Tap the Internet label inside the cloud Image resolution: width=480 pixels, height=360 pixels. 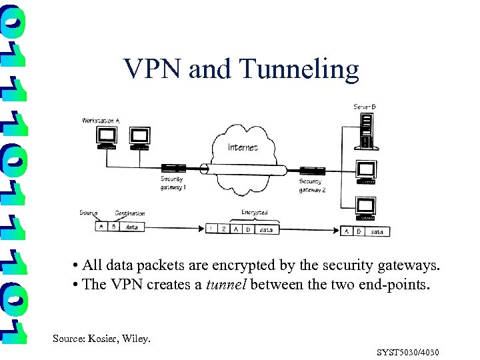243,147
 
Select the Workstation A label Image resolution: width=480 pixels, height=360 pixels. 101,120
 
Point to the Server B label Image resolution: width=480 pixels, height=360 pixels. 365,107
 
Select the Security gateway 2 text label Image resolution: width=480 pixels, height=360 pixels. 312,185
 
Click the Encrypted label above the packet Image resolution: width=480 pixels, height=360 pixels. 254,213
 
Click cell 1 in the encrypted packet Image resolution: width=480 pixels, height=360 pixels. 212,229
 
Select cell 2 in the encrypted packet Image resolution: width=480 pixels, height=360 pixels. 224,229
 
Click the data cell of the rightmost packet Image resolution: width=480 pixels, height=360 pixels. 377,231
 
